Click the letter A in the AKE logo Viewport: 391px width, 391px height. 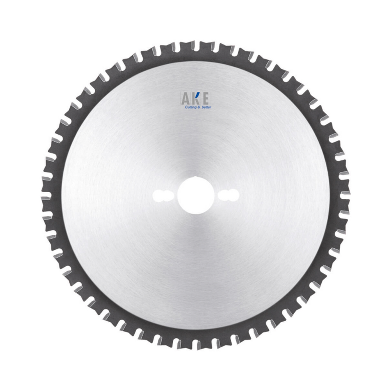(x=186, y=99)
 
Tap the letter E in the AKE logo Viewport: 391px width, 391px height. (x=206, y=99)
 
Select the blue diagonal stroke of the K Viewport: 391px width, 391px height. (x=197, y=96)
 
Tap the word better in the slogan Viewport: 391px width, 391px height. (x=206, y=107)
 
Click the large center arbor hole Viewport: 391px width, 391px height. (x=196, y=195)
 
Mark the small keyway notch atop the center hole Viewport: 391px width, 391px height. (x=195, y=177)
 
